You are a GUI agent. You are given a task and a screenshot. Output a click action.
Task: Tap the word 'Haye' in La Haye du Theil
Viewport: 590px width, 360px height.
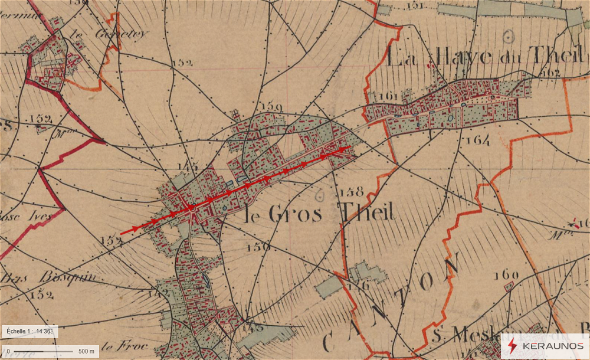click(x=455, y=57)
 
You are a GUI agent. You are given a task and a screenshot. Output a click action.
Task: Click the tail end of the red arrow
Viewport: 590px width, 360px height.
click(x=121, y=234)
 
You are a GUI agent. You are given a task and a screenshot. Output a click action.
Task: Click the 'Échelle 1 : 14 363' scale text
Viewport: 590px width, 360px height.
click(x=29, y=331)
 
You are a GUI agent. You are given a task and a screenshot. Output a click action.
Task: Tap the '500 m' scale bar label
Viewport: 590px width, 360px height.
click(x=86, y=351)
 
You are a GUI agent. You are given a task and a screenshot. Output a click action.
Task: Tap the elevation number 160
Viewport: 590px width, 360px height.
click(x=507, y=274)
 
